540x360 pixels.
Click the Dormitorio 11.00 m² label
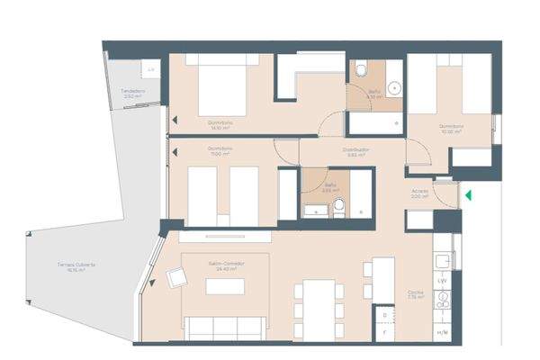pyautogui.click(x=220, y=150)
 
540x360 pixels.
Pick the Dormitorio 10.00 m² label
pyautogui.click(x=451, y=128)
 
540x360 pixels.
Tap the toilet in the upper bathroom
pyautogui.click(x=360, y=70)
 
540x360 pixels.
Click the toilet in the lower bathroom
pyautogui.click(x=337, y=208)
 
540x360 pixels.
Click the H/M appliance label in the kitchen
pyautogui.click(x=443, y=334)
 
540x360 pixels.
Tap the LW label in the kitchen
pyautogui.click(x=443, y=282)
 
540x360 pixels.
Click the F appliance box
pyautogui.click(x=384, y=333)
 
